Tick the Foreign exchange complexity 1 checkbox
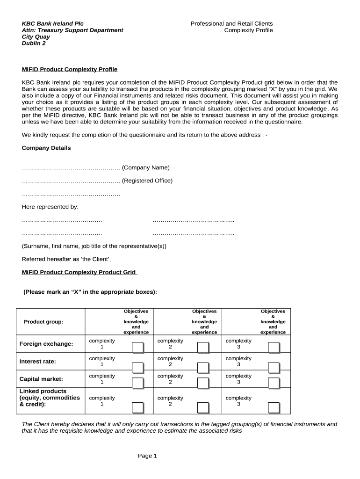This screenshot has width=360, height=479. click(137, 348)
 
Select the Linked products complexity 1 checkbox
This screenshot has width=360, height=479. click(137, 407)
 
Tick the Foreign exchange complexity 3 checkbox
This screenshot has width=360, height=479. click(274, 348)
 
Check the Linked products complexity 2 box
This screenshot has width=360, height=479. click(202, 407)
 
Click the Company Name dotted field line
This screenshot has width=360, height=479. click(71, 168)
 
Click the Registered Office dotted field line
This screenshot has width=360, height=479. click(71, 181)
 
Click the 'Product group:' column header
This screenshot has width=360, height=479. click(43, 322)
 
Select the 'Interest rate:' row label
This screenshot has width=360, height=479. click(37, 362)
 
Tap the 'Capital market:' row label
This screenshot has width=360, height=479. click(41, 379)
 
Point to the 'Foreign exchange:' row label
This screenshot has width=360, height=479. click(46, 344)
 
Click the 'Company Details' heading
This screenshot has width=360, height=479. click(46, 148)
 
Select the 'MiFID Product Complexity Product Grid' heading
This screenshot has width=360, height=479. click(79, 272)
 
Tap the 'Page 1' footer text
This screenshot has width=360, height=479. click(147, 456)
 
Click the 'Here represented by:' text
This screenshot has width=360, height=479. click(50, 207)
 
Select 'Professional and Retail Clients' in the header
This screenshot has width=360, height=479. click(231, 23)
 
